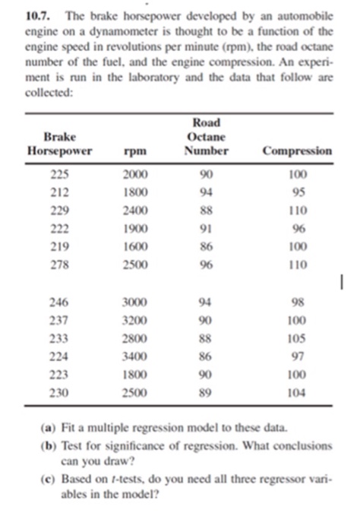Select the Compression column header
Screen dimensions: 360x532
click(x=297, y=150)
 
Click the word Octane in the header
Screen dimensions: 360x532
click(x=206, y=136)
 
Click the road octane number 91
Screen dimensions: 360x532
click(x=206, y=229)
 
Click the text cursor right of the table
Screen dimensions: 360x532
click(x=343, y=283)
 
